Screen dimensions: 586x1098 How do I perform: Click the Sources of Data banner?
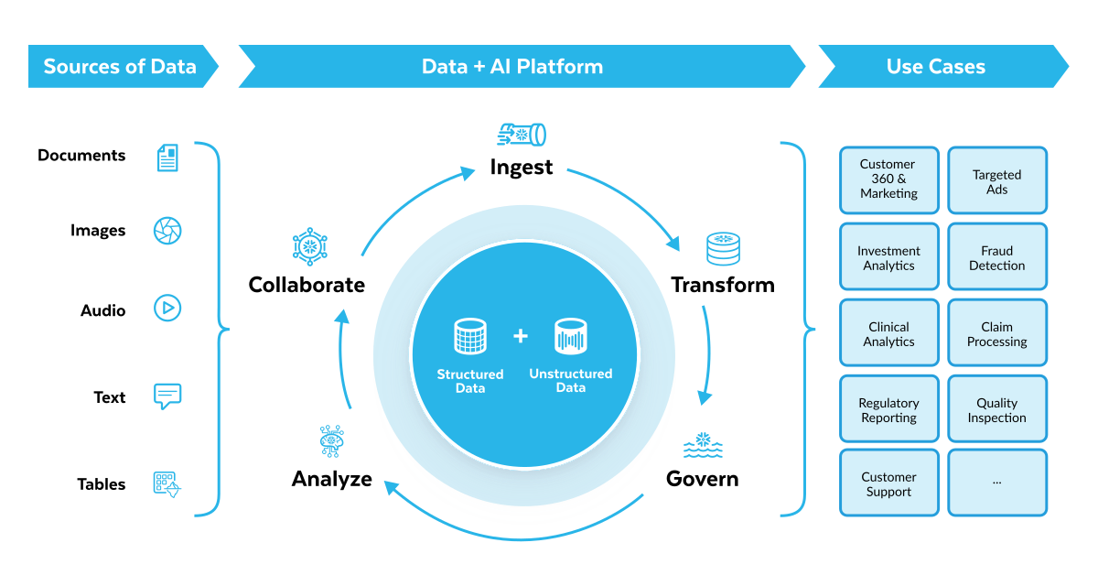click(x=120, y=67)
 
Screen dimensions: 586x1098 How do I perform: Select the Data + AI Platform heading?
click(x=512, y=67)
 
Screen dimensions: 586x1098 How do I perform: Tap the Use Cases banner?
click(x=936, y=67)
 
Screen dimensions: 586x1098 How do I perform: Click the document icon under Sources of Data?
click(x=167, y=158)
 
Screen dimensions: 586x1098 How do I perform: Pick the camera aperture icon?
click(x=167, y=231)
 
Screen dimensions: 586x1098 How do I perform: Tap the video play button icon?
click(x=167, y=308)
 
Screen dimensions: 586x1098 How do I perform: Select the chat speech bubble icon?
click(x=167, y=396)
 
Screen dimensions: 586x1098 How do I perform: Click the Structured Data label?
click(x=470, y=381)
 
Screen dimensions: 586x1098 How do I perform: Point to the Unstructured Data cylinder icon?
click(x=571, y=337)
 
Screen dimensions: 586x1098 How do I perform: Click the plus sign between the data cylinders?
click(x=521, y=337)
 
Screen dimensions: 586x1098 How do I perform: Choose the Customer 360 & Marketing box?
click(x=888, y=179)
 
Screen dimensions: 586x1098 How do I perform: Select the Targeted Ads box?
click(x=996, y=181)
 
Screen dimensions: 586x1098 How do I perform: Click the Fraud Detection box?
click(x=996, y=257)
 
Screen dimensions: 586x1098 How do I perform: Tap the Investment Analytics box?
click(x=888, y=257)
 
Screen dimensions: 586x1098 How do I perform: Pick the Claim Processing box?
click(x=996, y=333)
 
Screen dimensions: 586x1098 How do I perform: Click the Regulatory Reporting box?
click(x=888, y=409)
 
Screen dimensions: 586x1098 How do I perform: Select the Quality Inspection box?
click(x=996, y=409)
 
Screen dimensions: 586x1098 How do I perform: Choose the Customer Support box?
click(x=888, y=483)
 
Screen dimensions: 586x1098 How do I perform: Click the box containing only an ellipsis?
click(x=996, y=483)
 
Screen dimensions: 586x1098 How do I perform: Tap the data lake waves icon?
click(x=703, y=446)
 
